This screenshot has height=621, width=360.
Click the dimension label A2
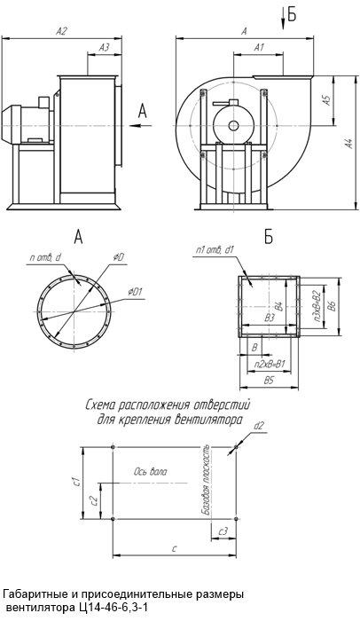pyautogui.click(x=61, y=31)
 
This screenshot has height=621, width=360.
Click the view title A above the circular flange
pyautogui.click(x=78, y=237)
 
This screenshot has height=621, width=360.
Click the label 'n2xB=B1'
pyautogui.click(x=269, y=364)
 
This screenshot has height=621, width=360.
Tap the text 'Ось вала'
pyautogui.click(x=150, y=472)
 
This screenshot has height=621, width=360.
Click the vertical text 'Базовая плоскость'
pyautogui.click(x=205, y=483)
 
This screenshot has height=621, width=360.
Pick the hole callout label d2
pyautogui.click(x=259, y=426)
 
